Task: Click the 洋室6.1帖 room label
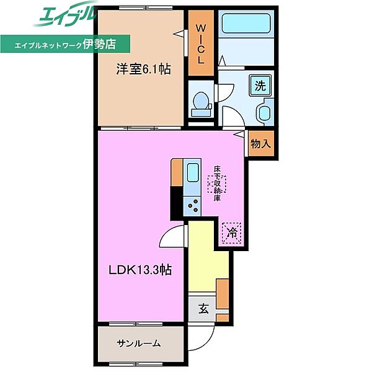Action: pos(143,69)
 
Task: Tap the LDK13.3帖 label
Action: pos(140,270)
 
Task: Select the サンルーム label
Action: pos(139,343)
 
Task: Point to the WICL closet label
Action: pos(201,45)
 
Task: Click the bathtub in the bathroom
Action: pos(246,23)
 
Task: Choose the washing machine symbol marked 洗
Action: pos(260,86)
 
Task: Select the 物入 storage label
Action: pos(260,144)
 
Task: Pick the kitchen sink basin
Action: pos(193,172)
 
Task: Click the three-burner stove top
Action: pos(192,206)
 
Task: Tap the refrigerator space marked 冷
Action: pos(231,233)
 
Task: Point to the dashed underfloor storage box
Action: pos(217,184)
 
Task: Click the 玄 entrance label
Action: pos(203,309)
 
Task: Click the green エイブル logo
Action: pos(65,15)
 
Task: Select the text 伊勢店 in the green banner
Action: pos(99,44)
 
